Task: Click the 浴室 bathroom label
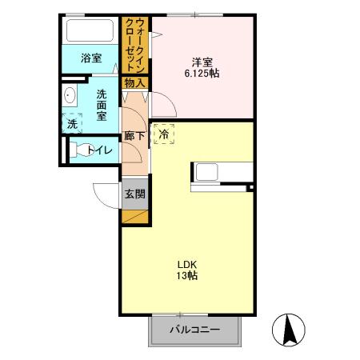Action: pos(91,58)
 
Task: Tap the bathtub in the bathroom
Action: pos(91,32)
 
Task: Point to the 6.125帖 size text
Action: pos(201,73)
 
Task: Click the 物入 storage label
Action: pos(134,82)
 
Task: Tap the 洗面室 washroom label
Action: pos(102,105)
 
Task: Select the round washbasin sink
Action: pos(70,97)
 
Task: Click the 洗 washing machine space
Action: pos(72,124)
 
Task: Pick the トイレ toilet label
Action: pos(100,149)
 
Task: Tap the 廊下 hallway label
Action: pos(134,136)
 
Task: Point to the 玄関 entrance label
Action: pos(134,193)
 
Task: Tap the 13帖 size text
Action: pos(187,276)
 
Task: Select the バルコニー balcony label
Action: pos(194,330)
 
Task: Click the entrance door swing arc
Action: pos(103,194)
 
